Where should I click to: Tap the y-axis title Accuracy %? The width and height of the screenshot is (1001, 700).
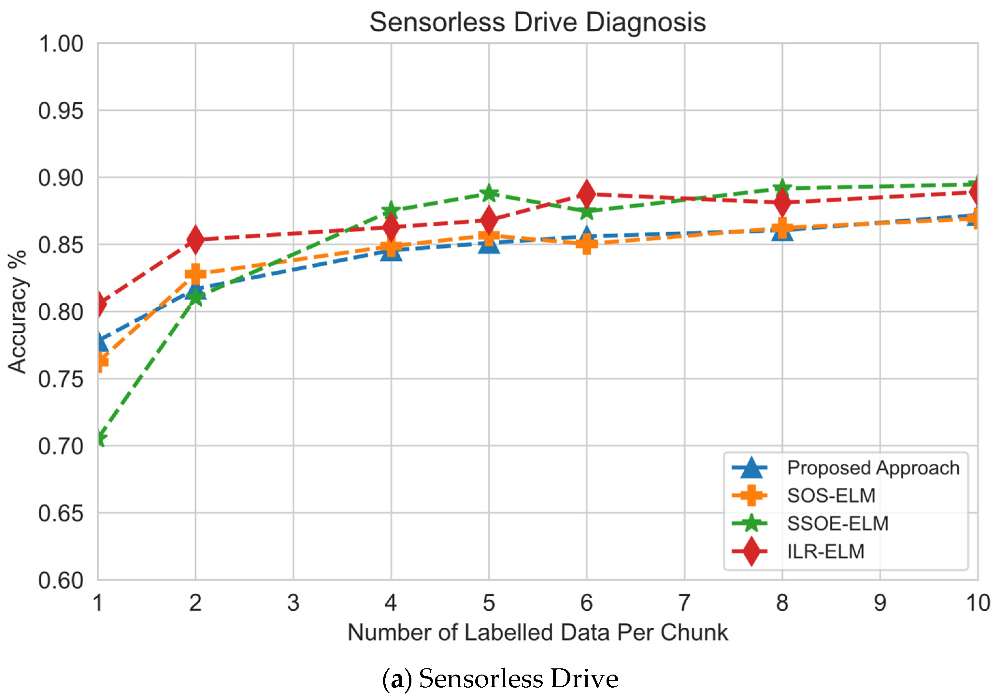pos(18,312)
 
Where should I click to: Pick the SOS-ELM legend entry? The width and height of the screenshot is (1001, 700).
pos(831,496)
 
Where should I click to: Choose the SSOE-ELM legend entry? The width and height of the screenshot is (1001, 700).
pos(837,523)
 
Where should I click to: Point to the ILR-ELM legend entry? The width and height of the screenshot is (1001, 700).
pos(825,552)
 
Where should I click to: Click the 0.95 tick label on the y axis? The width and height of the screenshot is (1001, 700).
pos(61,111)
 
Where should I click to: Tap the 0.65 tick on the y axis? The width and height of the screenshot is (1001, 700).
pos(61,513)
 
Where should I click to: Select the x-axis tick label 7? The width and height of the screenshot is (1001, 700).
pos(684,603)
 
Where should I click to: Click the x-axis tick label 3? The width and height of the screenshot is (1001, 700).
pos(293,603)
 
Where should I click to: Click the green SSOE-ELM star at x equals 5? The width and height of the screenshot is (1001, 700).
pos(489,193)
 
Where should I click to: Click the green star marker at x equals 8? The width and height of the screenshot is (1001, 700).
pos(782,187)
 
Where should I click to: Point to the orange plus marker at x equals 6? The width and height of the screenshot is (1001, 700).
pos(586,243)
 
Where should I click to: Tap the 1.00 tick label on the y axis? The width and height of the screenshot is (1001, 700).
pos(61,44)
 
